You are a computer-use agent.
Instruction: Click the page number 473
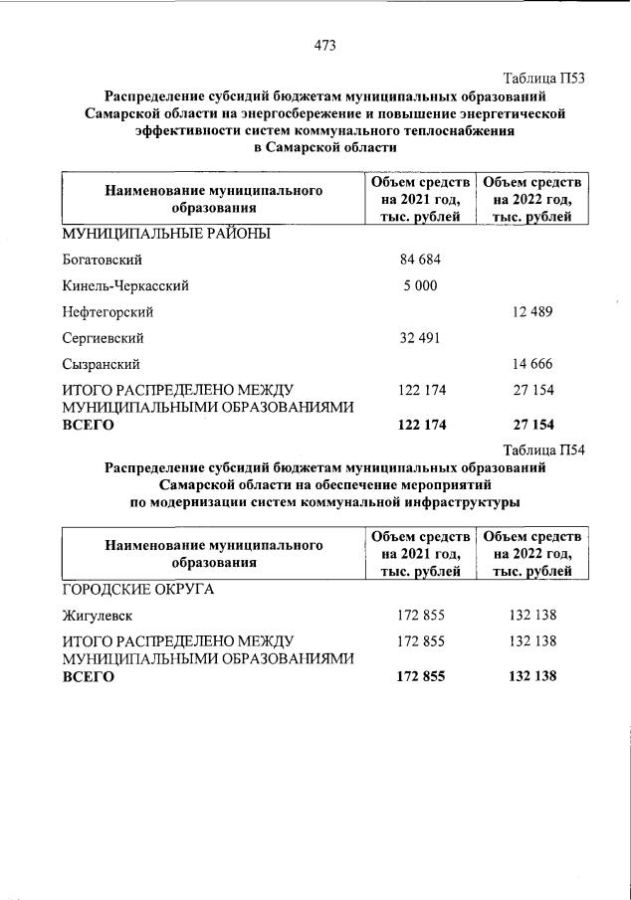pos(324,44)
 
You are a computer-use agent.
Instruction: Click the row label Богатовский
pos(104,261)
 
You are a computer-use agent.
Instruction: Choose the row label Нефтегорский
pos(107,312)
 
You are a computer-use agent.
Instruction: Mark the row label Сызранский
pos(101,364)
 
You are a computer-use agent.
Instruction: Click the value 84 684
pos(419,261)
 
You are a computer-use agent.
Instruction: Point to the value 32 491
pos(419,338)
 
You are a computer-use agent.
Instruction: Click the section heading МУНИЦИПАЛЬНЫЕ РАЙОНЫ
pos(166,235)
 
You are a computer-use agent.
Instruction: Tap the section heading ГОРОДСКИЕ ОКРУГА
pos(139,590)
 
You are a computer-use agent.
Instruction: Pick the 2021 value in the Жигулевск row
pos(419,616)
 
